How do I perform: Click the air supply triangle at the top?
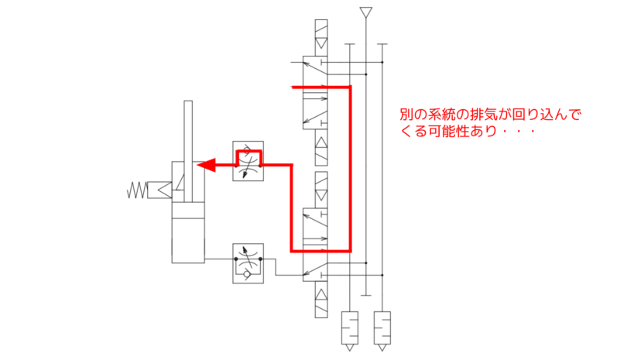tap(366, 12)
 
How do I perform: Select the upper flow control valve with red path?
tap(248, 160)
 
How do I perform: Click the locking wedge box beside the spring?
tap(162, 189)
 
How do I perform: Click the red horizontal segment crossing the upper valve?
tap(320, 87)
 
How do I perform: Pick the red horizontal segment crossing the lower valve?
tap(320, 250)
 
